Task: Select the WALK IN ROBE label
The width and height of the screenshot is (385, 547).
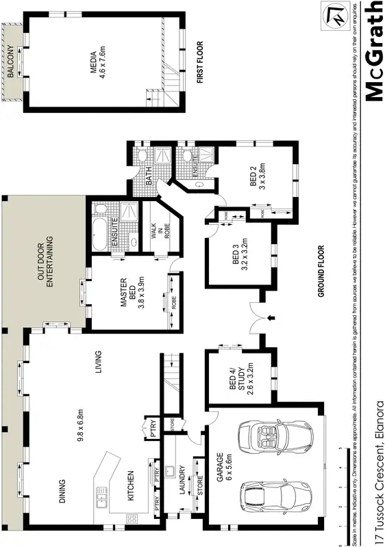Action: click(x=159, y=231)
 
